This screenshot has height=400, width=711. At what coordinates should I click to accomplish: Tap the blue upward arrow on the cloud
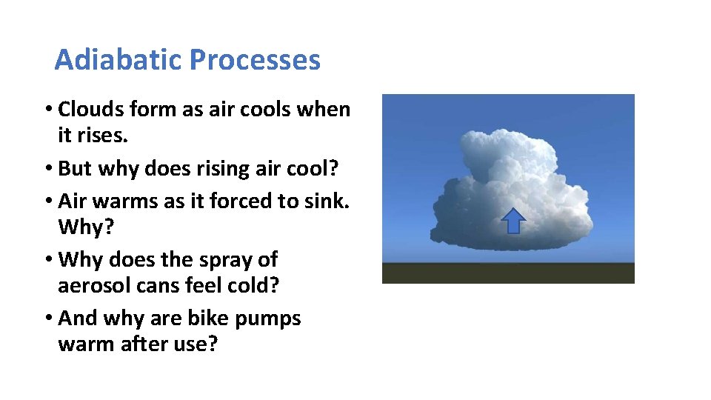pyautogui.click(x=513, y=221)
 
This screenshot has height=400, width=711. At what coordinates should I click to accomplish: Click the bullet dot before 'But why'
pyautogui.click(x=47, y=169)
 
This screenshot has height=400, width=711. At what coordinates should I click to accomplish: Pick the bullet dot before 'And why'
pyautogui.click(x=47, y=319)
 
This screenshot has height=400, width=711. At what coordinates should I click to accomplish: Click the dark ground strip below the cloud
pyautogui.click(x=507, y=273)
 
